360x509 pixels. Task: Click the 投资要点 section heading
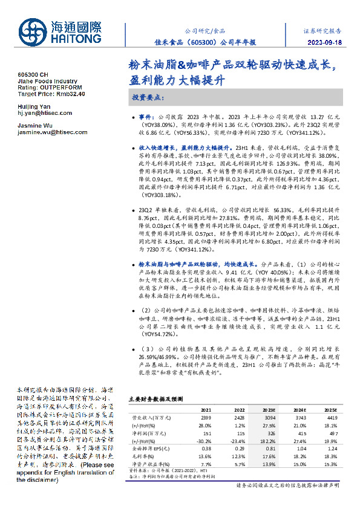click(x=148, y=97)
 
